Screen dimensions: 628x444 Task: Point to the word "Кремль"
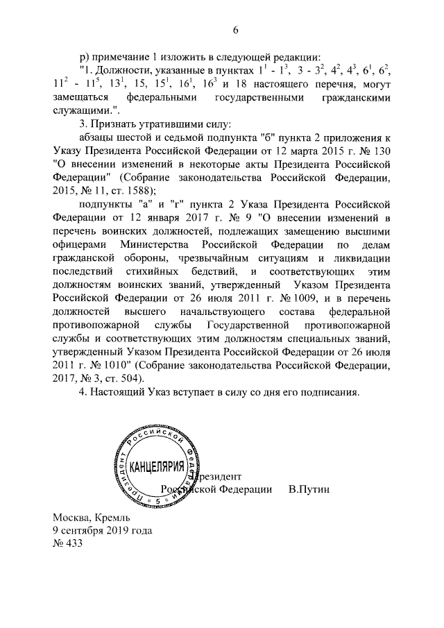click(x=110, y=518)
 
